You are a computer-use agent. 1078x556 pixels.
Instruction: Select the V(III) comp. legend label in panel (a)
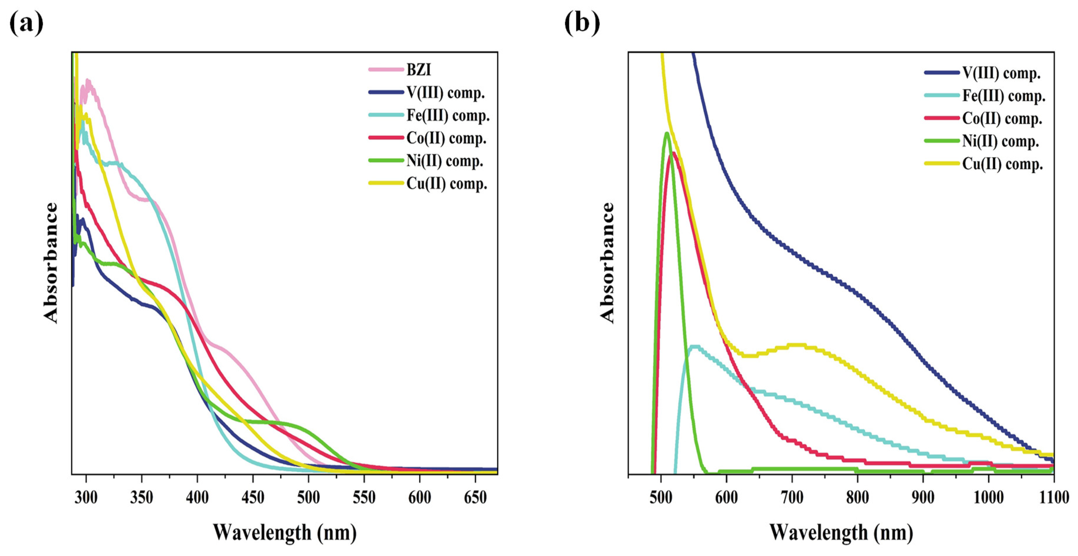click(x=445, y=93)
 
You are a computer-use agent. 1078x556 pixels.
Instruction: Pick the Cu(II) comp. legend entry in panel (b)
click(x=1002, y=164)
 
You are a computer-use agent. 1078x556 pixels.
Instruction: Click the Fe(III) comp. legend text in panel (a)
click(x=448, y=115)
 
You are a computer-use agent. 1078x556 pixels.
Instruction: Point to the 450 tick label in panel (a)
click(x=253, y=497)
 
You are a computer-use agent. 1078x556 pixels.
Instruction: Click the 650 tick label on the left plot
click(x=475, y=497)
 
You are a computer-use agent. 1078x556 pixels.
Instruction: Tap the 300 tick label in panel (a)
click(x=86, y=497)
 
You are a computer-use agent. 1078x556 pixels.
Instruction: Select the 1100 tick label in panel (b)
click(x=1054, y=497)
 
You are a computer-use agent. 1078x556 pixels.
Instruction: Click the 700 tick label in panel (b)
click(x=792, y=497)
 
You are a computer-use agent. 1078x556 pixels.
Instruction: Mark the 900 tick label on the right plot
click(x=923, y=497)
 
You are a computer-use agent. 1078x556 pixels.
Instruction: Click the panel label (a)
click(x=26, y=23)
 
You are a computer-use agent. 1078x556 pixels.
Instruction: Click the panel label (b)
click(x=582, y=23)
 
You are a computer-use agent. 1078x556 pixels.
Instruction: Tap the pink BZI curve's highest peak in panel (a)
click(x=88, y=80)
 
